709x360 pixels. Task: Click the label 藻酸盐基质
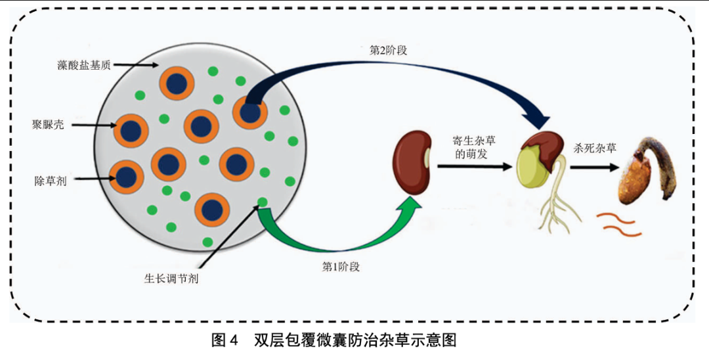[83, 65]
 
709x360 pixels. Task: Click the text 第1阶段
[341, 267]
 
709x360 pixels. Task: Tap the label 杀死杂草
[595, 148]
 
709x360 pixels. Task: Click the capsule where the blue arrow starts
[249, 112]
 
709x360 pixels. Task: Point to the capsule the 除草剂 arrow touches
[125, 175]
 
